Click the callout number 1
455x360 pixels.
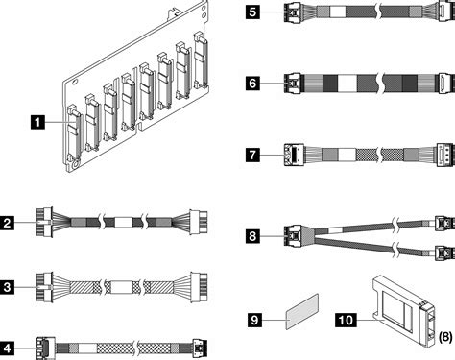[x=37, y=123]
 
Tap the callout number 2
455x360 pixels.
[x=7, y=223]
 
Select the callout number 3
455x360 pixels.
[x=7, y=287]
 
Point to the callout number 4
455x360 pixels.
[x=7, y=348]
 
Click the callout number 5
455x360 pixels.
[x=252, y=12]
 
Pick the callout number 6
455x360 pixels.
[x=252, y=84]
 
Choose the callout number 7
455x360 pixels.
[x=252, y=155]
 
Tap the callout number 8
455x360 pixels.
[x=252, y=236]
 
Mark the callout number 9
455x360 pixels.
[x=254, y=320]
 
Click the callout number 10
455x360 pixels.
[x=346, y=320]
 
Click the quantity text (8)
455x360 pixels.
[x=445, y=337]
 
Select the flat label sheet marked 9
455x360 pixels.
[x=302, y=311]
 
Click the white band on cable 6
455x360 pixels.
[x=347, y=84]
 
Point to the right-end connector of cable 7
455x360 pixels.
[x=445, y=155]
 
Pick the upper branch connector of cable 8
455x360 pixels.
[x=444, y=223]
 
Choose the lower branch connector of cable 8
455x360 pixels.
[x=444, y=253]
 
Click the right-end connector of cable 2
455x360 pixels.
[x=199, y=222]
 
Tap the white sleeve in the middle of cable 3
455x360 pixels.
[x=121, y=287]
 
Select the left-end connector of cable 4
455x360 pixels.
[x=46, y=348]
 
